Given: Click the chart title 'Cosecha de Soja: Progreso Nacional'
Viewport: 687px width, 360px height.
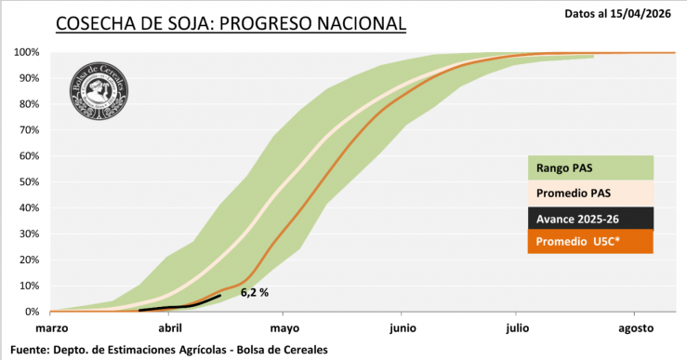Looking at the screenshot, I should click(x=231, y=22).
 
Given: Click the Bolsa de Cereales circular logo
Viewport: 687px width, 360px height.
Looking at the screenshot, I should click(x=99, y=90).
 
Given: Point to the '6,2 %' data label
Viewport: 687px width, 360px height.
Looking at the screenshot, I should click(x=254, y=292).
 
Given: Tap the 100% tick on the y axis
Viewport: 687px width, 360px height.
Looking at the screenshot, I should click(x=26, y=52).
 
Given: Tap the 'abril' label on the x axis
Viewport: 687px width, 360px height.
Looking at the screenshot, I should click(x=169, y=328).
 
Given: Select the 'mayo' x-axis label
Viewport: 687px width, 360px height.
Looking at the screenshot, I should click(x=284, y=328).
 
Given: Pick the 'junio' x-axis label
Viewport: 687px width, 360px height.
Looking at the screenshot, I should click(x=403, y=328).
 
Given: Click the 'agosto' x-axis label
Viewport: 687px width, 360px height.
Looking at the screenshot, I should click(x=637, y=328).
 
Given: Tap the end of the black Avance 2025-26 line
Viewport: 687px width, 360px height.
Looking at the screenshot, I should click(x=220, y=296).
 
